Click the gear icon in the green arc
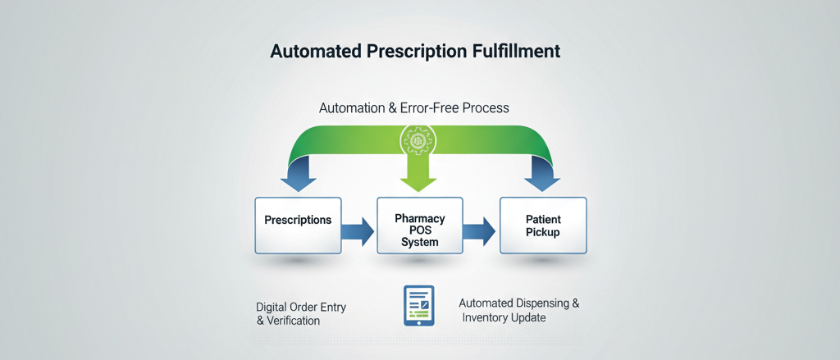coord(418,139)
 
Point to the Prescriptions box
coord(298,225)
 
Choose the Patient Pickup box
coord(542,226)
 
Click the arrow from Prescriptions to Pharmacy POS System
coord(358,230)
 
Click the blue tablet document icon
coord(418,305)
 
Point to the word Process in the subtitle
coord(486,107)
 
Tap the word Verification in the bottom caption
coord(292,321)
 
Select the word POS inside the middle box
coord(419,230)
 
